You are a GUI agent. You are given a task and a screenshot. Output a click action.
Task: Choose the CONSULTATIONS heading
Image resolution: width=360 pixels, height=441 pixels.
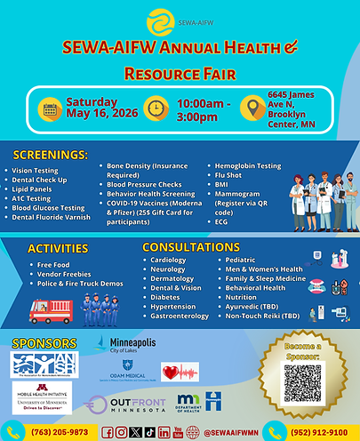click(190, 246)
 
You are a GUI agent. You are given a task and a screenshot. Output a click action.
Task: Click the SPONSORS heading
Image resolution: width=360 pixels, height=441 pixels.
click(41, 342)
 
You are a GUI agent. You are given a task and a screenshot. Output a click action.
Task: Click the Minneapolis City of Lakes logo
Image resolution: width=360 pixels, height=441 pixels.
click(131, 345)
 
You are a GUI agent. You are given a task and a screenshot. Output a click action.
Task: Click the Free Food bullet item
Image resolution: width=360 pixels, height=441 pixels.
click(56, 265)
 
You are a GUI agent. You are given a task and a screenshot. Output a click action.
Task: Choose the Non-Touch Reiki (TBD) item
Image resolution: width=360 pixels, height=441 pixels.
click(260, 315)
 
